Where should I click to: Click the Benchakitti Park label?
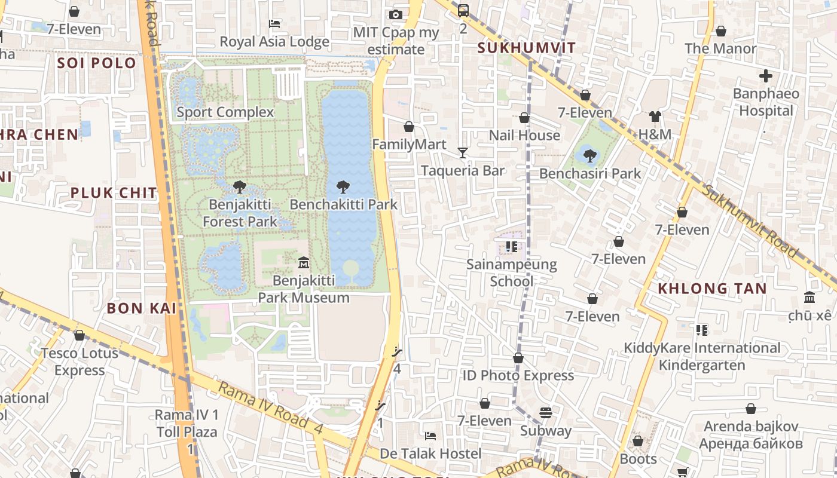343,204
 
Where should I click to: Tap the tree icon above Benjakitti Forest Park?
240,187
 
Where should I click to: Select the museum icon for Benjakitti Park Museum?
303,263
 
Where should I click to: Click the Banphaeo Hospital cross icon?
766,76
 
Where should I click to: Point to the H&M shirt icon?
655,117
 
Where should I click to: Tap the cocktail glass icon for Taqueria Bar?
462,153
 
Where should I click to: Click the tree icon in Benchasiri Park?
589,156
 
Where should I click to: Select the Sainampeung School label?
511,272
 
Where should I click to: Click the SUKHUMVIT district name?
527,48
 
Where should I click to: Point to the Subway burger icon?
545,413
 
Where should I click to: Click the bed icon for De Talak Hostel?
430,436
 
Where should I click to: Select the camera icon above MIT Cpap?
395,15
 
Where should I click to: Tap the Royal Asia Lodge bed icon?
274,24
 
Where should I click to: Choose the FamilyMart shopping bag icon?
409,127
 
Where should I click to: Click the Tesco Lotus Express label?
80,361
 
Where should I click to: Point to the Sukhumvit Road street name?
750,220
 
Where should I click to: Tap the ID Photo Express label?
518,375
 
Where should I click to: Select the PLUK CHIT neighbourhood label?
114,193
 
